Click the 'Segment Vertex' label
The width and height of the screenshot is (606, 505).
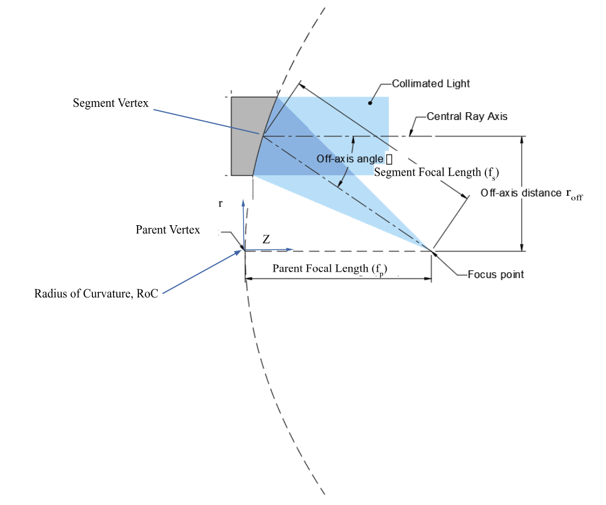[x=111, y=103]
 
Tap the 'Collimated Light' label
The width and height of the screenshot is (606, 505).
[x=431, y=83]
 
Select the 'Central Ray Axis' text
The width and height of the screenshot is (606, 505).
[x=467, y=116]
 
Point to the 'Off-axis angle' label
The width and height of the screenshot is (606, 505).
[x=350, y=159]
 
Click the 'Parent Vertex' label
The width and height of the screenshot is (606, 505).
[x=168, y=229]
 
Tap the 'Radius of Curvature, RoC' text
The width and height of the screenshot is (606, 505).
[x=96, y=294]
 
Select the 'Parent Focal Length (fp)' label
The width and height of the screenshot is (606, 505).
[x=329, y=269]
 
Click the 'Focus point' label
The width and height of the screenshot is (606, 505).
[x=495, y=275]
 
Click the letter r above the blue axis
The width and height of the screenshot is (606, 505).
[x=221, y=203]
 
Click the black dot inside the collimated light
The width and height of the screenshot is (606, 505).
[x=370, y=103]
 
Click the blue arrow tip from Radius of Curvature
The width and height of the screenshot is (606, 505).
[x=242, y=252]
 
